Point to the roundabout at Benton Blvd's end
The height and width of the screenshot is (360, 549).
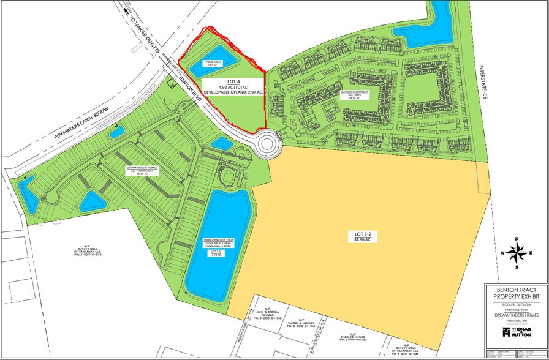click(x=268, y=144)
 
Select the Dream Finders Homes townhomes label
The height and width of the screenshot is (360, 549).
click(x=143, y=171)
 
